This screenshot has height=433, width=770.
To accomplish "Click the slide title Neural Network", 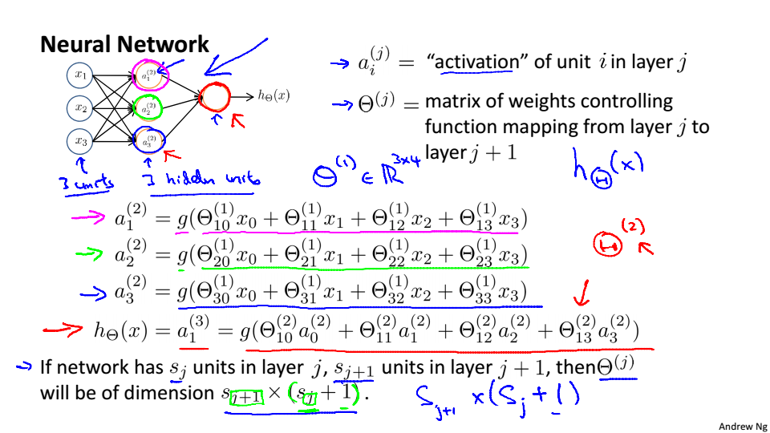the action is (x=124, y=45).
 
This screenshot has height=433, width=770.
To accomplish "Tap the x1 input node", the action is (x=80, y=75).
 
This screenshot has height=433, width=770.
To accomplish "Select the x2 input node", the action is (x=80, y=107).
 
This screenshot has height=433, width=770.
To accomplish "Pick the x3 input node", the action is (x=80, y=140).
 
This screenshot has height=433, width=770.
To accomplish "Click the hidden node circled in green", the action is (x=148, y=107).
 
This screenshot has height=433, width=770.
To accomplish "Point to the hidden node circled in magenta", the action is (x=149, y=75).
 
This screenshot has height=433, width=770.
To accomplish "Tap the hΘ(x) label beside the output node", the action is (x=273, y=95).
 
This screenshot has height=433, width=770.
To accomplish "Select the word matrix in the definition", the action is (x=453, y=102).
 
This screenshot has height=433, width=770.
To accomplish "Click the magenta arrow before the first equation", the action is (x=89, y=217).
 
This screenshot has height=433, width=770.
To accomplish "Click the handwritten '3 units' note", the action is (x=86, y=183).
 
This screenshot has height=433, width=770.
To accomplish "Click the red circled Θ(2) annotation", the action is (x=607, y=241).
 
